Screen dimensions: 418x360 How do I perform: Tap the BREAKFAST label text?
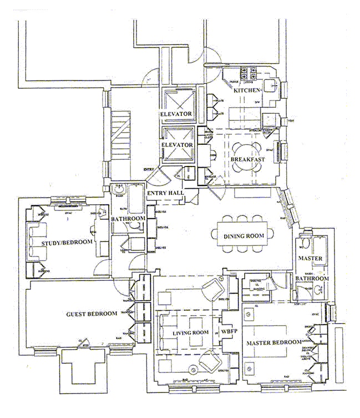point(247,159)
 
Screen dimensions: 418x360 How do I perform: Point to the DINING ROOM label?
point(244,236)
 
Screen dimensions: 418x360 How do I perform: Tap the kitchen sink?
point(271,85)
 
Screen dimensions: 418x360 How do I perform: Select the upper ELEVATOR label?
point(176,114)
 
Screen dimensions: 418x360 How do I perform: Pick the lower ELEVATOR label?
point(177,145)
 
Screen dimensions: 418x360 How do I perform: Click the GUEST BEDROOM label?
point(92,314)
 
